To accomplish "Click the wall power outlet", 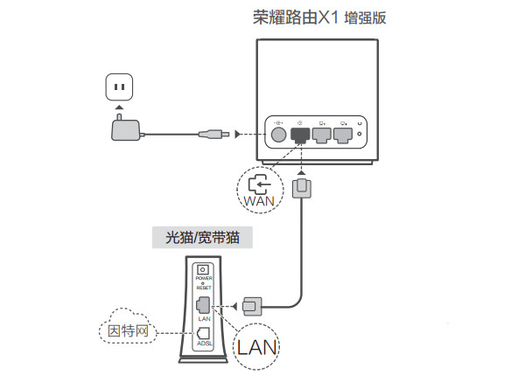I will point(120,87).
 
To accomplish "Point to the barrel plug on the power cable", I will point(213,135).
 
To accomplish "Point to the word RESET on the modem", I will point(204,288).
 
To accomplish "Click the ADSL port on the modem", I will point(204,333).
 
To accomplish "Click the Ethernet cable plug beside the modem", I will point(252,306).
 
